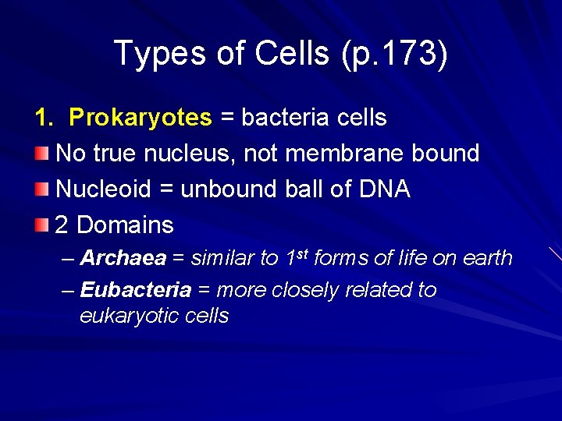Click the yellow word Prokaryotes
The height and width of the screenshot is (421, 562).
(140, 118)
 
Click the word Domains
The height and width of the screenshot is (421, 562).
(125, 225)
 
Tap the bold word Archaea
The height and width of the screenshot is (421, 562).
(123, 258)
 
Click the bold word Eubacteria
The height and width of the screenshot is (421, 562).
(136, 290)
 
